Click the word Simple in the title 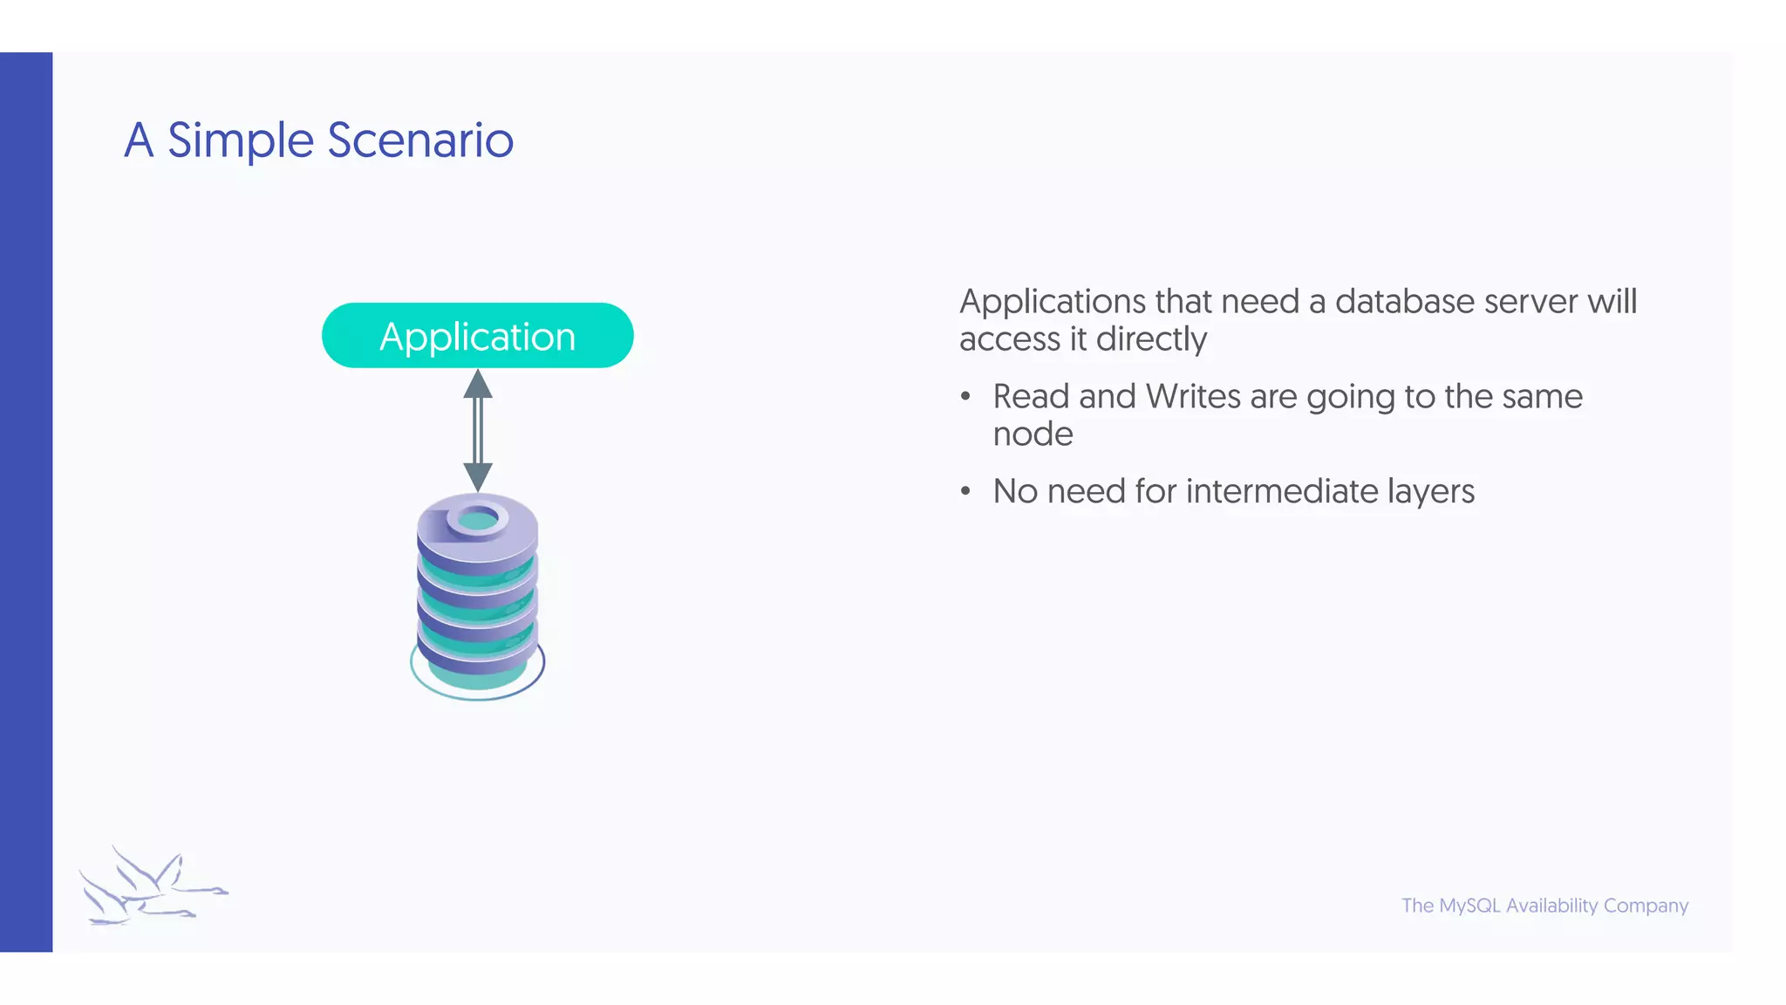click(x=240, y=140)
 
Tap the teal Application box click(x=477, y=336)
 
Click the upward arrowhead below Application click(x=478, y=385)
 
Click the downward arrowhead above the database click(x=478, y=476)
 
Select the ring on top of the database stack click(x=477, y=519)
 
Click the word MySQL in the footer click(x=1469, y=906)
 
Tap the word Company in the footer click(x=1646, y=906)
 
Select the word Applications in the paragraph click(x=1052, y=302)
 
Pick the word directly click(x=1151, y=339)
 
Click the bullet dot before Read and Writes click(x=965, y=397)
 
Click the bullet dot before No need click(x=965, y=492)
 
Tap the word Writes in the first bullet click(x=1192, y=397)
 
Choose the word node click(x=1033, y=434)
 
